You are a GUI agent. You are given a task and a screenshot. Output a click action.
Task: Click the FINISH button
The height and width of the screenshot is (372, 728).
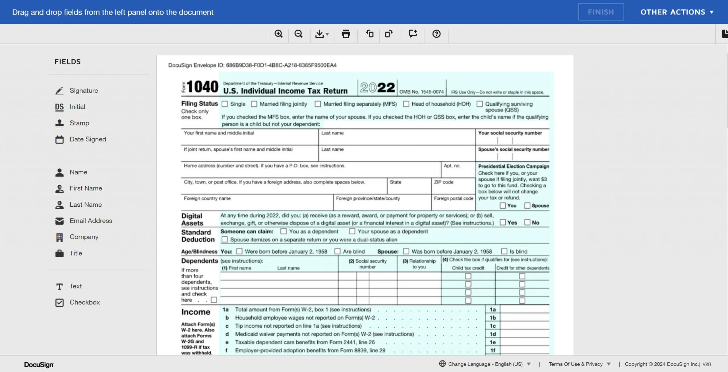601,12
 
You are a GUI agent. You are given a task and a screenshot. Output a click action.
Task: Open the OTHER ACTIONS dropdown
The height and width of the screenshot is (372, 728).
677,12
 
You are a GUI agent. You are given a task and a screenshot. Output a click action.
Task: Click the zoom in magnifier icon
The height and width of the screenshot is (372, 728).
278,34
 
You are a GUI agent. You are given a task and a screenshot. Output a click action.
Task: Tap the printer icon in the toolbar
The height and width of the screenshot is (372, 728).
346,34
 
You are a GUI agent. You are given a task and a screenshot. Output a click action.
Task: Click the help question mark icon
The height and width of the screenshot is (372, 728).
436,34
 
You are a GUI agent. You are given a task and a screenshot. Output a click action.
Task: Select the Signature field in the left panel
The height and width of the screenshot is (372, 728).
84,91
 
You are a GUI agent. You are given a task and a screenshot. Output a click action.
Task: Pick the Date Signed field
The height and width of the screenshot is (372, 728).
88,139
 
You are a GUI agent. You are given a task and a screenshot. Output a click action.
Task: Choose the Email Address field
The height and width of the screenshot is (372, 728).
91,221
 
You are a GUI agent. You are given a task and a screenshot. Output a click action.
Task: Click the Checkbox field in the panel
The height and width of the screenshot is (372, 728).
84,302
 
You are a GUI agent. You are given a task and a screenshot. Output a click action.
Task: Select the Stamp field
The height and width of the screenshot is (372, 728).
79,123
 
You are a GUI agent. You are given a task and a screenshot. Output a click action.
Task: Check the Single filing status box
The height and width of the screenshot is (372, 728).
225,104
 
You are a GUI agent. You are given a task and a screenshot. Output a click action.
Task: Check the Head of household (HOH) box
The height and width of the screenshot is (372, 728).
406,104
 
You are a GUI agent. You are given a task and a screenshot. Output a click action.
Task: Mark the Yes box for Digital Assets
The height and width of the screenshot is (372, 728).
503,222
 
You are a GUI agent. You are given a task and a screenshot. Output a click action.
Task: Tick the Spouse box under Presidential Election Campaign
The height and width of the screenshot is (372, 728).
527,205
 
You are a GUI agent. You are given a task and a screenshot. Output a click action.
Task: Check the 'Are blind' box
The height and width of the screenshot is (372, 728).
338,251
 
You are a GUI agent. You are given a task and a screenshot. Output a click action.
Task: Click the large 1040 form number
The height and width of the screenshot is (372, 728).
202,87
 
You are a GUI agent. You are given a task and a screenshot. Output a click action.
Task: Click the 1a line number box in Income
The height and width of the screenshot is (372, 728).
493,309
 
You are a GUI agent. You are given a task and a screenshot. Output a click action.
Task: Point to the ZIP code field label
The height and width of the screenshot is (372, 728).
443,182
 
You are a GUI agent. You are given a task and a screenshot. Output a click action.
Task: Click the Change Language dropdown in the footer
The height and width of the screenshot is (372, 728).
485,364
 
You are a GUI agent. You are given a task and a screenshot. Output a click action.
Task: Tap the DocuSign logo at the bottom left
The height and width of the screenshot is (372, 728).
39,365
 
